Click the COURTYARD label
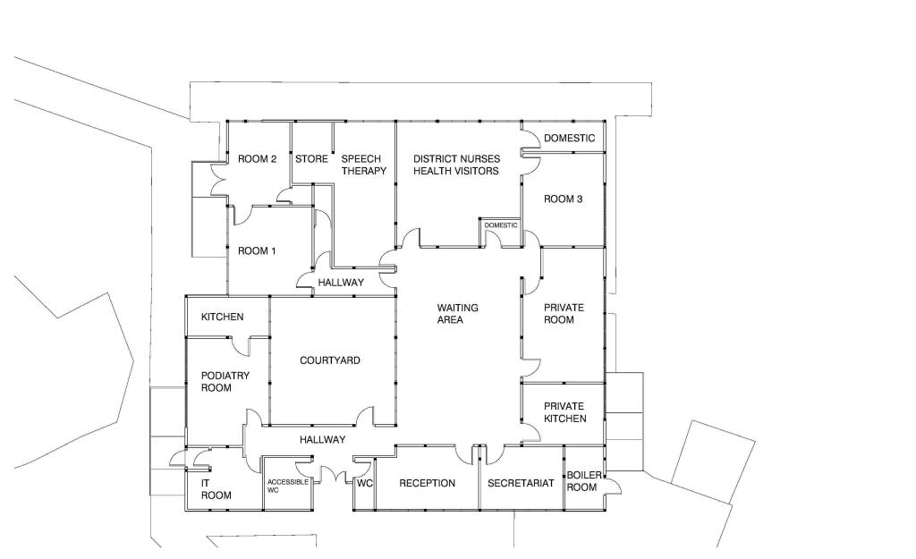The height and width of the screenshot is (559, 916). [x=329, y=360]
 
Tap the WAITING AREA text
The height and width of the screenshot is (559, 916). [x=457, y=314]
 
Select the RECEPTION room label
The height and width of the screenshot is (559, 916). [x=427, y=483]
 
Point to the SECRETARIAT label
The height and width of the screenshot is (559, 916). [x=521, y=483]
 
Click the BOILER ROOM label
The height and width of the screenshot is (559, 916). [x=583, y=481]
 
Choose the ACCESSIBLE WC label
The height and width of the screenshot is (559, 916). [x=288, y=486]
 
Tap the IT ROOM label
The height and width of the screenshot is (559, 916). [x=216, y=489]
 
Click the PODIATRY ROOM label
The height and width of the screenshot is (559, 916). [x=225, y=381]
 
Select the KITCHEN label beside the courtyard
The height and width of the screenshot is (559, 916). [x=222, y=317]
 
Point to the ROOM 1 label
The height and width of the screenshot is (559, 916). [x=257, y=250]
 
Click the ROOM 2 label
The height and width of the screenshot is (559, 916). [x=257, y=159]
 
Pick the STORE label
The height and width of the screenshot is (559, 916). [x=311, y=159]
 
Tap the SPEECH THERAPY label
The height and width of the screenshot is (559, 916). [x=363, y=165]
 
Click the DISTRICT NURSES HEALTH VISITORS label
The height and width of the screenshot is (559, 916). [x=456, y=165]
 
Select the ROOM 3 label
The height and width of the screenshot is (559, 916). [x=564, y=199]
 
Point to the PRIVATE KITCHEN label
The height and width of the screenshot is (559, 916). [x=565, y=412]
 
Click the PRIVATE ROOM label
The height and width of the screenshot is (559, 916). [x=564, y=314]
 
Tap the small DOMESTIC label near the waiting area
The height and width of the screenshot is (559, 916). [x=501, y=225]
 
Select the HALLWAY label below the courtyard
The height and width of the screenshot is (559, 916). [x=322, y=439]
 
